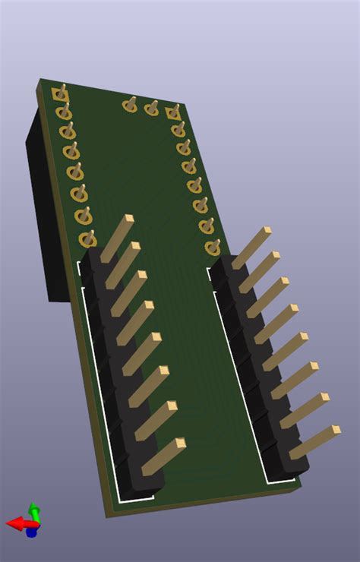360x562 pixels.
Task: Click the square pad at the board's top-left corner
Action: [60, 95]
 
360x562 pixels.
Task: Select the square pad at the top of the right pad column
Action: [173, 113]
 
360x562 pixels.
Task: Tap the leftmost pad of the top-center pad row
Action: [131, 106]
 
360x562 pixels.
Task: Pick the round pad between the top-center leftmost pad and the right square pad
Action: [152, 109]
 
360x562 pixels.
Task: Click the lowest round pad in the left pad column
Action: [87, 238]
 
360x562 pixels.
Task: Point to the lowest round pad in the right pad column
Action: [213, 248]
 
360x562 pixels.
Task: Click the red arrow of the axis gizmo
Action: [14, 523]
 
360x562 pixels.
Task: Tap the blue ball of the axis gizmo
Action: [31, 532]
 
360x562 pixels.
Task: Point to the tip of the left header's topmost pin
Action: [128, 219]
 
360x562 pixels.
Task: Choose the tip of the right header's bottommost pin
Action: [335, 431]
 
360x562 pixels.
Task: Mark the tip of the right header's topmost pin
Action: [266, 231]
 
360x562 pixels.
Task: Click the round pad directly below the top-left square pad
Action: [64, 113]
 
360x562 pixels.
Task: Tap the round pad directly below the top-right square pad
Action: [178, 130]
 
